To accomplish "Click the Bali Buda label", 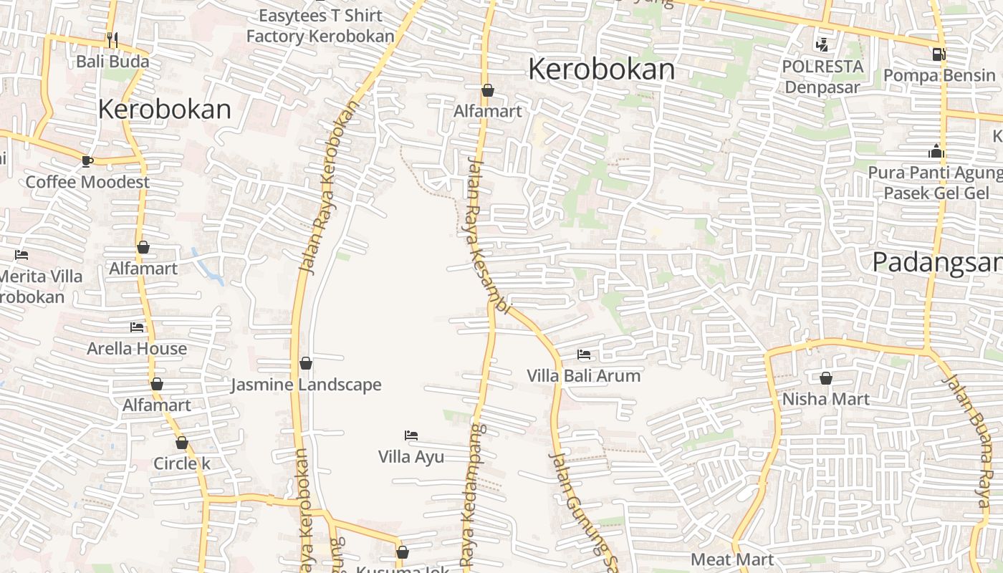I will pos(112,61).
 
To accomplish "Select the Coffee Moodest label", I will pos(87,182).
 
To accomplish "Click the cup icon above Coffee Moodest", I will pos(87,161).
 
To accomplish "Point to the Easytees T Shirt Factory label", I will pos(320,26).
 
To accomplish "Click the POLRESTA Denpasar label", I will pos(822,77).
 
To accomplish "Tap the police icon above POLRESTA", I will pos(822,45).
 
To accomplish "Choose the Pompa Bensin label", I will pos(939,75).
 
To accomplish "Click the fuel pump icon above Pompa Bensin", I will pos(939,54).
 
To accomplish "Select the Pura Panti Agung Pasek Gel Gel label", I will pos(935,183).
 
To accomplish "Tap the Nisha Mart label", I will pos(826,398).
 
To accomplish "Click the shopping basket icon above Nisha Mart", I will pos(826,377).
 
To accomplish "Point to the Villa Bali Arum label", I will pos(584,375).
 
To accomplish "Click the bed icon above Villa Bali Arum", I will pos(584,355).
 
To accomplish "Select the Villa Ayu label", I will pos(411,456).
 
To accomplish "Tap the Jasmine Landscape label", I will pos(306,385).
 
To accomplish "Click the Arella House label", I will pos(137,349).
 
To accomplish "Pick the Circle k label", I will pos(182,463).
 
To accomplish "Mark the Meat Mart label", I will pos(732,559).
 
